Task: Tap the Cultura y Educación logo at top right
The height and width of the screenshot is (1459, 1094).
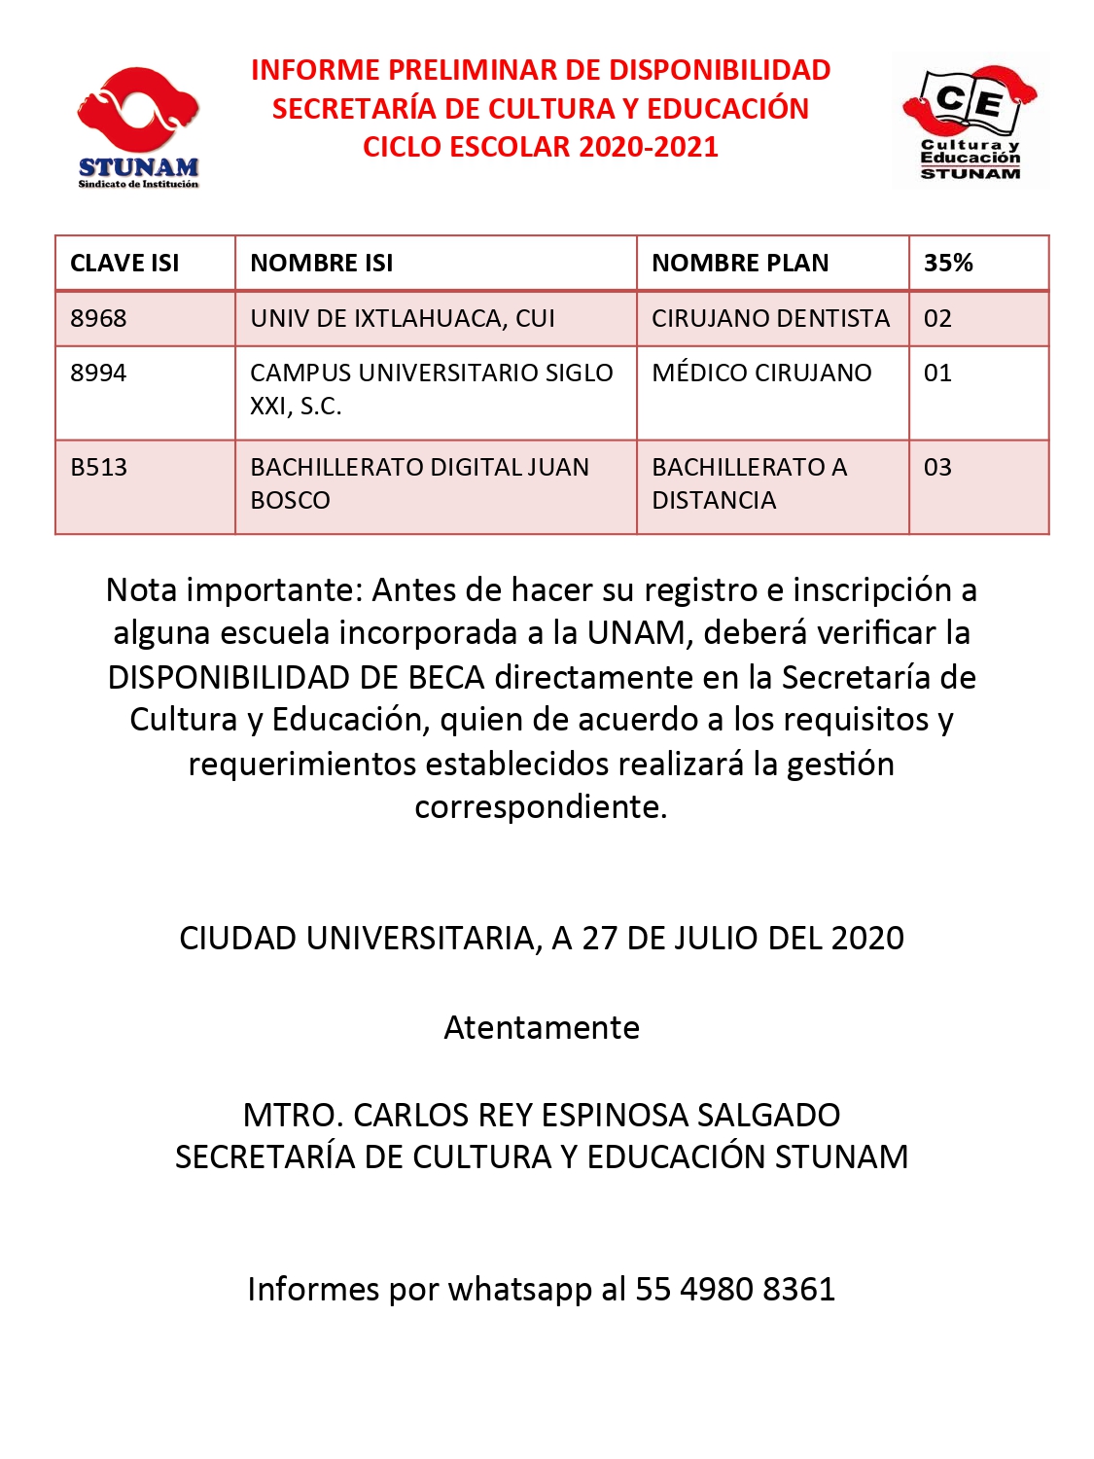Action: pos(970,121)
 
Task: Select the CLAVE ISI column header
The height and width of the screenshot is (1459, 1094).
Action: pos(124,263)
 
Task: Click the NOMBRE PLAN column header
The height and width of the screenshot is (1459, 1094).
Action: pos(740,263)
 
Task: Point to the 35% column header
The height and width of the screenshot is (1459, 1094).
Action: pos(948,263)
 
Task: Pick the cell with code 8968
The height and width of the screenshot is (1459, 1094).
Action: pos(98,318)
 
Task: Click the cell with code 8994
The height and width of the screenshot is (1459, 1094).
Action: pos(98,373)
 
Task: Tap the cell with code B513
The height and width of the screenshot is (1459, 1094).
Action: pos(99,467)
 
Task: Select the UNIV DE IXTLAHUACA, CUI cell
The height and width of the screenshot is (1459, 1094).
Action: pos(403,318)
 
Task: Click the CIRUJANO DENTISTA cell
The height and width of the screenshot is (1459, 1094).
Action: pos(770,318)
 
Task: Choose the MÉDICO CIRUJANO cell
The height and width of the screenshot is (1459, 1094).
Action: pos(761,373)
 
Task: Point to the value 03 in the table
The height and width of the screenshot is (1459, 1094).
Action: pos(937,467)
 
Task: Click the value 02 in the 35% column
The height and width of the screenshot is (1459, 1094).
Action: pos(937,318)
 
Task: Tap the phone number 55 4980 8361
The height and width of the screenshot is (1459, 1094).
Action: pos(735,1289)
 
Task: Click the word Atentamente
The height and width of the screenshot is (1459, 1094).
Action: pos(542,1027)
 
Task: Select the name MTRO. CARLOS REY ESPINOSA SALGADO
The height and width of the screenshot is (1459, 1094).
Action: pos(542,1115)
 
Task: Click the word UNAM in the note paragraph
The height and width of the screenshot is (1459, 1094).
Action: pos(636,632)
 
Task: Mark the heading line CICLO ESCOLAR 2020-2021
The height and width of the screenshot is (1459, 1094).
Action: pos(541,147)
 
